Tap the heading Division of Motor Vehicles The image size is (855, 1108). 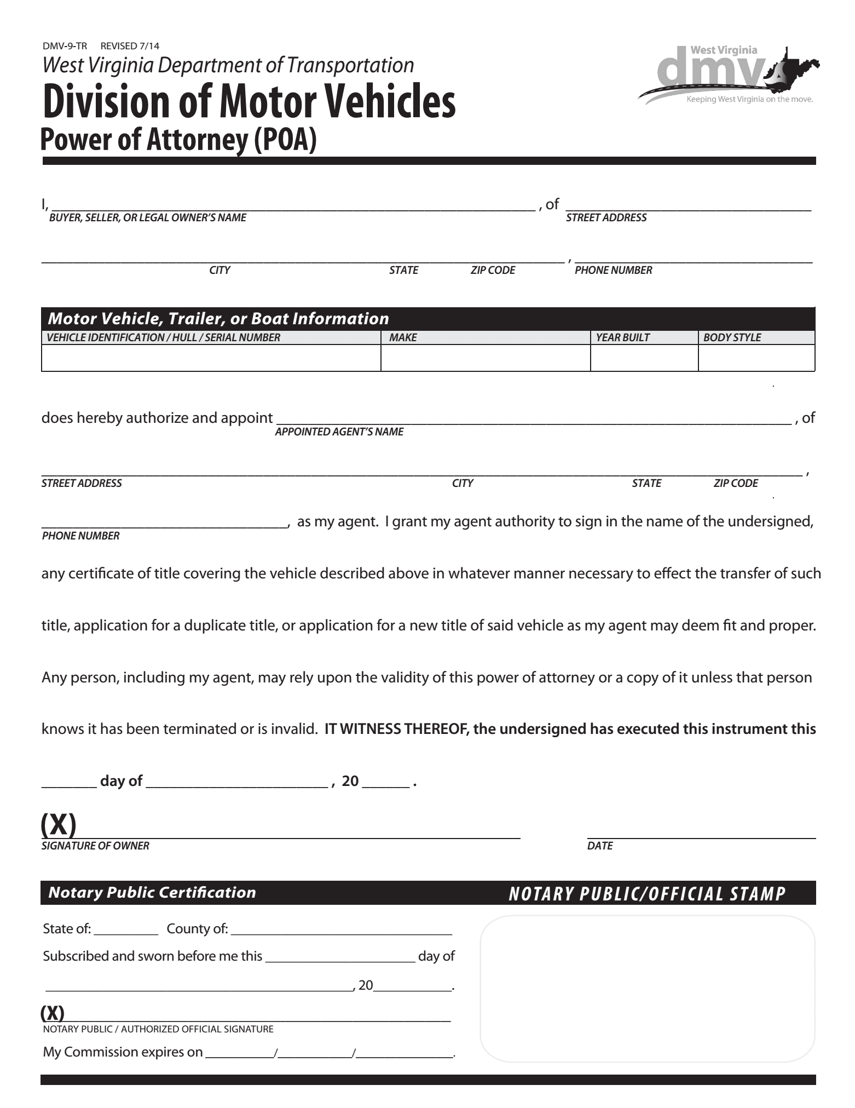(249, 102)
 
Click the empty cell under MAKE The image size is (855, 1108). (485, 358)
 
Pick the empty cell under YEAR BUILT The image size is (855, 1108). (644, 358)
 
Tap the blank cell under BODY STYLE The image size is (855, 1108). (756, 358)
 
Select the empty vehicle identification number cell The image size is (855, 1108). (211, 358)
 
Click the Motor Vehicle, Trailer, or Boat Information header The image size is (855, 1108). (218, 318)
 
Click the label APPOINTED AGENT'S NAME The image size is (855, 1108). (339, 432)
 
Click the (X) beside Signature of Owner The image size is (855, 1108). (58, 825)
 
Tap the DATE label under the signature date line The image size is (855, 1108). (599, 846)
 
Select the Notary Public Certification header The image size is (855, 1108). (152, 893)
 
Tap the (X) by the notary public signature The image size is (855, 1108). (53, 1014)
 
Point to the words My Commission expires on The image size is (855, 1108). (123, 1053)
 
